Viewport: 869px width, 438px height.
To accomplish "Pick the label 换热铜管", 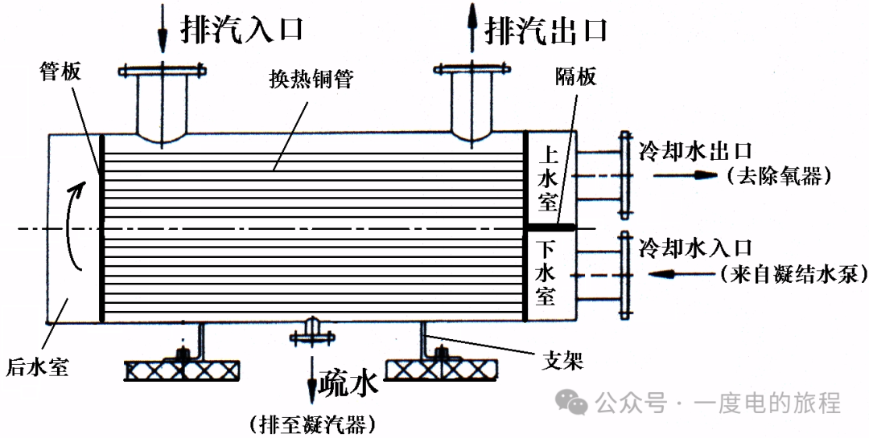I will [x=314, y=80].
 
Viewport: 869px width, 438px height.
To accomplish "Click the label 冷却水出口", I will [x=695, y=150].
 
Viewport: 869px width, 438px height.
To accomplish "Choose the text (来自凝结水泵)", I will [x=793, y=274].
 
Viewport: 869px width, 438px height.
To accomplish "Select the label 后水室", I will [x=37, y=368].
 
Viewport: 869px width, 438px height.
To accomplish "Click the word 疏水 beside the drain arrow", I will [x=348, y=386].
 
